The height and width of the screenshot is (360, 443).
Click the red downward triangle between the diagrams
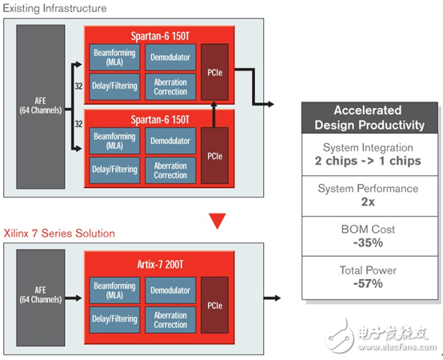218,221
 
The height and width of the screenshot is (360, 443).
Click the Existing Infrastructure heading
55,8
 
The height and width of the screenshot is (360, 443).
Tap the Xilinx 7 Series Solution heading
59,234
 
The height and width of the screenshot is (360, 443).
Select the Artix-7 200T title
160,265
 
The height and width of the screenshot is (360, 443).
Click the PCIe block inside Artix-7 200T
214,305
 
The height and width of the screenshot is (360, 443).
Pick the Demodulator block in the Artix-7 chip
170,290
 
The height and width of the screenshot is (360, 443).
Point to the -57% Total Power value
368,283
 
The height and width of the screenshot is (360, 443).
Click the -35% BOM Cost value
368,242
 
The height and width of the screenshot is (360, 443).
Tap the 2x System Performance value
368,202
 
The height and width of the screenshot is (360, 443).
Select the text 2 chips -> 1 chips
368,161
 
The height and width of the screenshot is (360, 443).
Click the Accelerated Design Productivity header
369,118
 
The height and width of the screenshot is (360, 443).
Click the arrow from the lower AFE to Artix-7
74,298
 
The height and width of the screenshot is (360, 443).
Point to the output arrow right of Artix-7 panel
272,298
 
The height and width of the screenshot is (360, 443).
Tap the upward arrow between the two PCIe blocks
214,114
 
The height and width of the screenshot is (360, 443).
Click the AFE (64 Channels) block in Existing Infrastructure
41,107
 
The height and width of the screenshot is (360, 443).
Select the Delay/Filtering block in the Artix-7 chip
114,319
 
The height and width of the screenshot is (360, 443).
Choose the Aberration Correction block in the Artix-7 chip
170,319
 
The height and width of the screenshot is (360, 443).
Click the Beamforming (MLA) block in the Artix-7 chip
114,290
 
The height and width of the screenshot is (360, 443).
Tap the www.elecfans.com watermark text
397,346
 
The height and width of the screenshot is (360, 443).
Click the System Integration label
368,147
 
